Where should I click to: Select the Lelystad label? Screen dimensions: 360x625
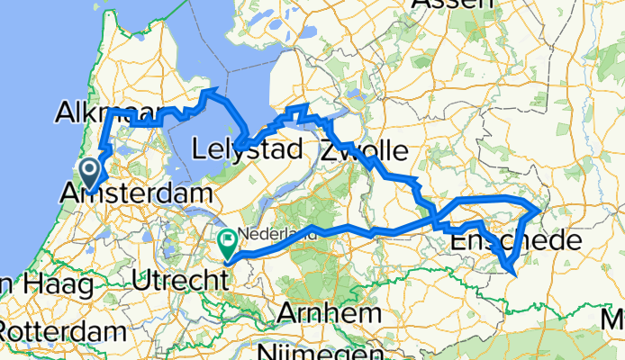point(247,149)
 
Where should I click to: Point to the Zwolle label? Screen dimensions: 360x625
point(363,149)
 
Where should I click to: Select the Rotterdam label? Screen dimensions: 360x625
point(63,331)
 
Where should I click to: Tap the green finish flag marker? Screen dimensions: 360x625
point(227,241)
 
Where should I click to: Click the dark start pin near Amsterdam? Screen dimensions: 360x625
point(90,170)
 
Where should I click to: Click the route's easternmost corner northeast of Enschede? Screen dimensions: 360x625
point(539,210)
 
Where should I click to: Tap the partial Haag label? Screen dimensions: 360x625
point(50,285)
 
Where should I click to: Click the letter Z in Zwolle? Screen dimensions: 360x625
point(328,150)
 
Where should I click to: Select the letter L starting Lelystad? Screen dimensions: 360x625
point(201,149)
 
